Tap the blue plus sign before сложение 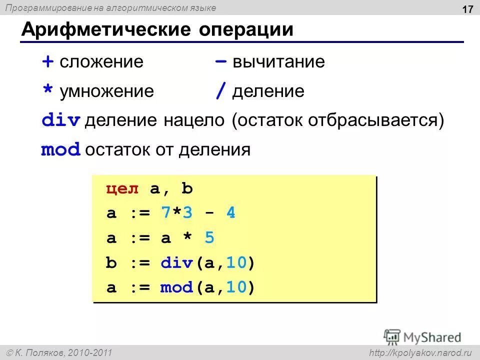(47, 62)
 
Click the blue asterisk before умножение (47, 91)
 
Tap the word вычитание (279, 62)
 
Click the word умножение (106, 91)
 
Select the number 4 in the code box (230, 213)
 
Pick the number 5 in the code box (209, 238)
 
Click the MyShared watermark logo (422, 337)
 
